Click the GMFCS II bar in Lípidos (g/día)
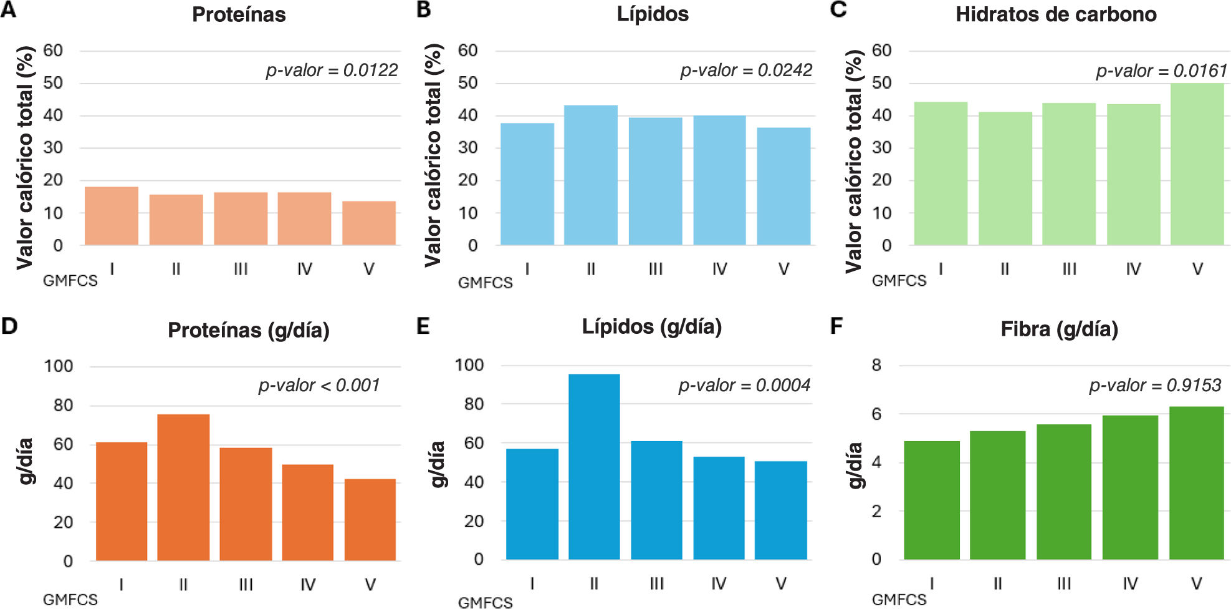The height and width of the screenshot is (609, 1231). tap(594, 467)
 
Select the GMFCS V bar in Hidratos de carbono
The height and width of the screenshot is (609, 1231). tap(1197, 164)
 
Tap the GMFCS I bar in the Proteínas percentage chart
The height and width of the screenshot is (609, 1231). tap(112, 216)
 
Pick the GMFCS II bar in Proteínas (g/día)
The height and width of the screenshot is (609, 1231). tap(183, 487)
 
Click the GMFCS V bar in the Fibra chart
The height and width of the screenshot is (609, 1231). tap(1197, 483)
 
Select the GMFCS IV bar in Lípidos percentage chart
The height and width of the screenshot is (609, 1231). tap(719, 180)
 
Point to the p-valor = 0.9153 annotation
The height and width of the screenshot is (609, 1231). tap(1155, 386)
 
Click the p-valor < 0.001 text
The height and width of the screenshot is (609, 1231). tap(319, 386)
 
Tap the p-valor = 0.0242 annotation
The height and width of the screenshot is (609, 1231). tap(746, 71)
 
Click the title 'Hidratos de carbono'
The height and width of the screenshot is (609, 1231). tap(1056, 14)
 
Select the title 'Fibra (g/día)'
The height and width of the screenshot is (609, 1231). tap(1059, 329)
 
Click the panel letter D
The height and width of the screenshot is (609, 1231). tap(9, 326)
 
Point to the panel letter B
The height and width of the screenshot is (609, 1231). tap(423, 10)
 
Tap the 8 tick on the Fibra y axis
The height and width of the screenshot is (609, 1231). tap(876, 365)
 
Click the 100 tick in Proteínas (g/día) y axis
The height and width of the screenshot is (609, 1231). tap(59, 366)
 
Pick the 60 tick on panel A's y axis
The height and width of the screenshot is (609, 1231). tap(53, 51)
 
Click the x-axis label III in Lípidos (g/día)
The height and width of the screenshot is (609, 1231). tap(656, 583)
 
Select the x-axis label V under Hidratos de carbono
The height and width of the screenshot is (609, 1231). tap(1197, 269)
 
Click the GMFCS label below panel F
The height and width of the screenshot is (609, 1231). tap(899, 600)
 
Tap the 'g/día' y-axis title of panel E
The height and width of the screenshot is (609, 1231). tap(438, 464)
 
